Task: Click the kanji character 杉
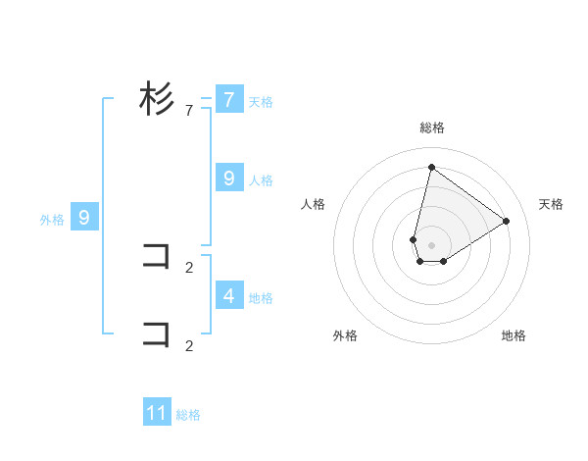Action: coord(157,98)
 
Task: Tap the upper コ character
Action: coord(157,257)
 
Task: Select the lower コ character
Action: coord(157,333)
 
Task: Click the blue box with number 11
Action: coord(157,413)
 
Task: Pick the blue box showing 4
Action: coord(228,294)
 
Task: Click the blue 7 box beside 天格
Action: coord(228,99)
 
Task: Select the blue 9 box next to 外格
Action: coord(84,218)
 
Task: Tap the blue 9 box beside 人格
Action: coord(228,178)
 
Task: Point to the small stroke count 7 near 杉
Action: coord(188,111)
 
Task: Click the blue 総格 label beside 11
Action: coord(188,415)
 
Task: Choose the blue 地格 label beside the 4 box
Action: coord(261,297)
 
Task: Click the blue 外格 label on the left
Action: coord(52,220)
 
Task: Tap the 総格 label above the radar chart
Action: coord(431,128)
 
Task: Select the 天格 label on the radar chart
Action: coord(551,204)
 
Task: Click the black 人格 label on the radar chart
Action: coord(314,204)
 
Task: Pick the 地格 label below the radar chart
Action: coord(514,335)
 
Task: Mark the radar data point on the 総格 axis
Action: coord(431,167)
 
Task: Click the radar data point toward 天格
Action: coord(507,221)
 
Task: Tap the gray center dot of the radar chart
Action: coord(431,245)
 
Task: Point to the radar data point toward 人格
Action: coord(414,239)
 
